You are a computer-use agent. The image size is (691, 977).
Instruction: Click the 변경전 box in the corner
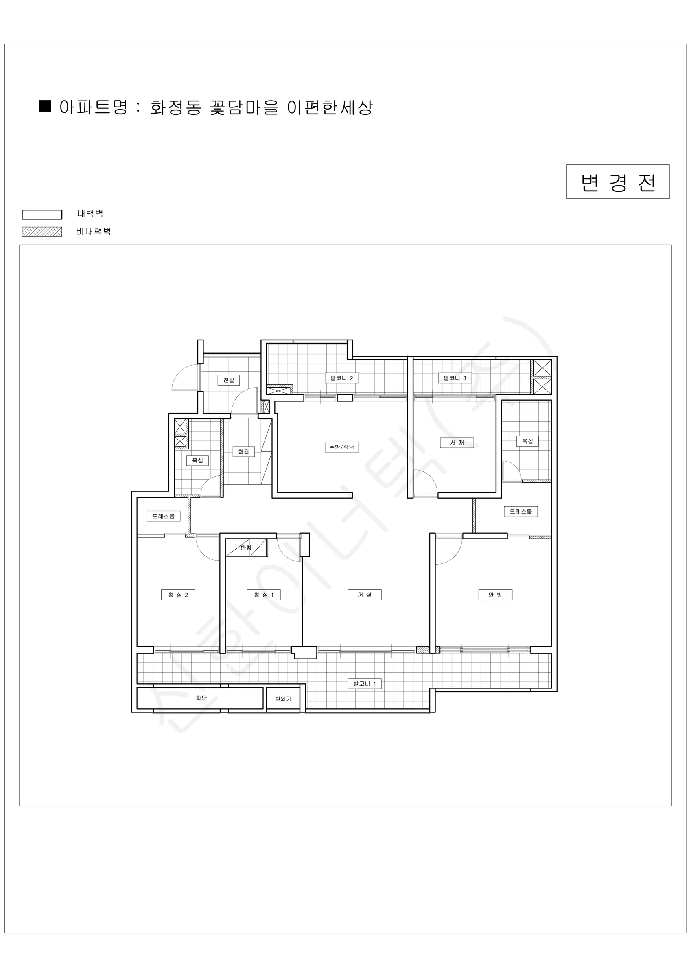tap(618, 182)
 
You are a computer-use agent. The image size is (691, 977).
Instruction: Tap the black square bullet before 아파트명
tap(45, 106)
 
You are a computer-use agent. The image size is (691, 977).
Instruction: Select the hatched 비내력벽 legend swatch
tap(42, 232)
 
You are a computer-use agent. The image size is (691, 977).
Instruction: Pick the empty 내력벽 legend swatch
tap(42, 215)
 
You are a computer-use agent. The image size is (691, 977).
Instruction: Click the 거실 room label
tap(365, 595)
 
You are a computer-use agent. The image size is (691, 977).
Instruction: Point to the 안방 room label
tap(495, 595)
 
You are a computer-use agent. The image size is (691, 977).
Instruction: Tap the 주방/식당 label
tap(342, 447)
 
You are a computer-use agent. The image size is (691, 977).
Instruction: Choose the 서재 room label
tap(457, 442)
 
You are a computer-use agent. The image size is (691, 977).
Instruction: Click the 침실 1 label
tap(264, 595)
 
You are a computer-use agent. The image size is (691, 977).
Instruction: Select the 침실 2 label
tap(178, 595)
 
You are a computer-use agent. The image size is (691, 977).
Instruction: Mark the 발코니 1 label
tap(365, 684)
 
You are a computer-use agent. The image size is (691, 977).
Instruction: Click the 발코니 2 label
tap(342, 378)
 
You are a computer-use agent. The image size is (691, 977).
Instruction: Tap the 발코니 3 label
tap(455, 378)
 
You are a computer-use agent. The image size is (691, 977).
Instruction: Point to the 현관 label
tap(243, 451)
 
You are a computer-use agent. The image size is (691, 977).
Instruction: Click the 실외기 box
tap(283, 699)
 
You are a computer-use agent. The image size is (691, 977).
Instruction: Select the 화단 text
tap(201, 698)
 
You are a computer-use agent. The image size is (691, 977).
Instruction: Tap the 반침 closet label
tap(246, 548)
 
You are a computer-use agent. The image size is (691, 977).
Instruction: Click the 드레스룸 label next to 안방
tap(521, 511)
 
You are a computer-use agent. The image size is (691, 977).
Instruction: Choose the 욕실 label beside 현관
tap(197, 460)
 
